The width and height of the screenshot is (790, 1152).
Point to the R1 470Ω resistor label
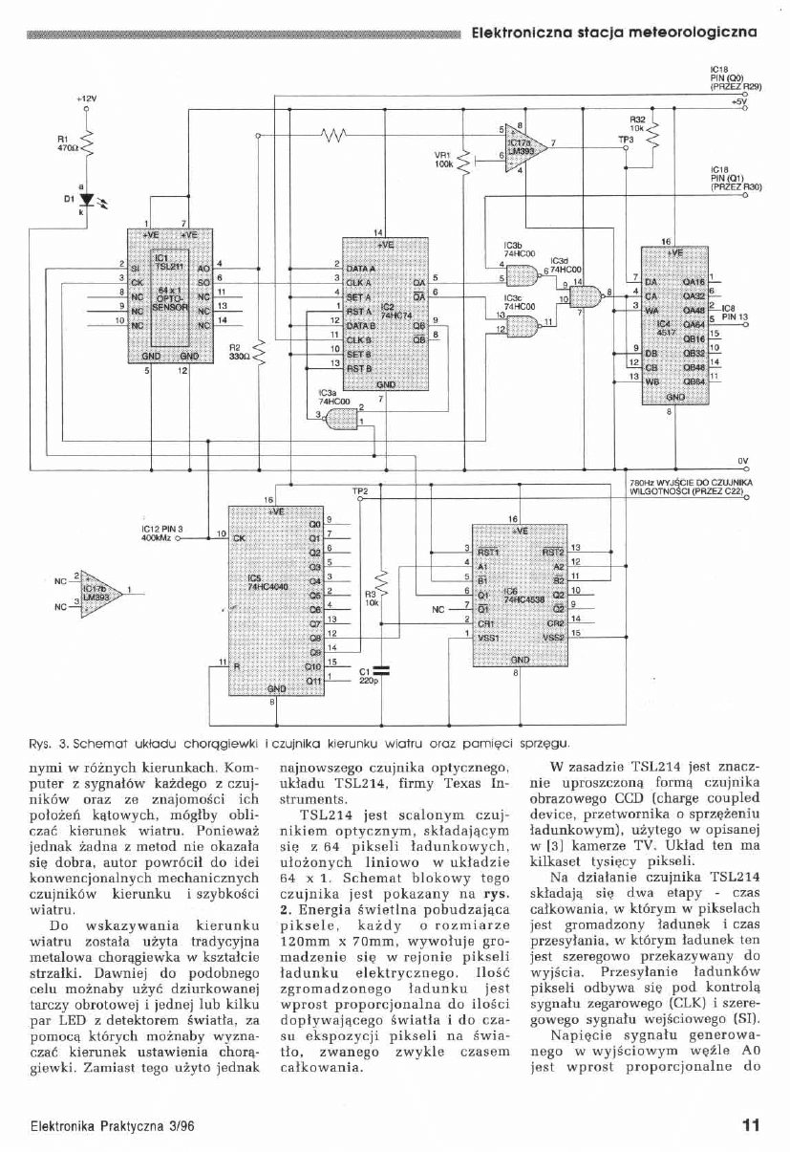click(x=65, y=143)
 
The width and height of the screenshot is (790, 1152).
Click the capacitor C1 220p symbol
click(x=380, y=667)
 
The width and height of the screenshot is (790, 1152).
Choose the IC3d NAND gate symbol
click(x=582, y=297)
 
